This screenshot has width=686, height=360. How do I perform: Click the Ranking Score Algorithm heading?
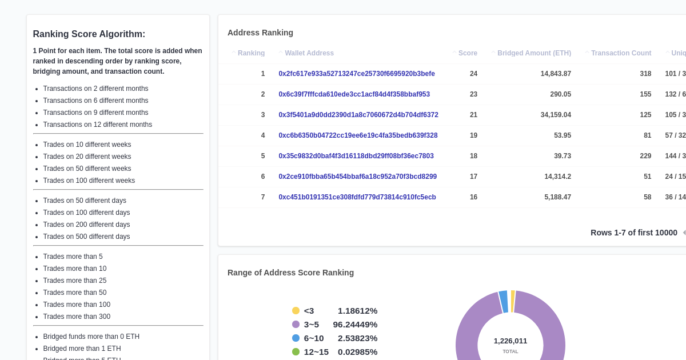pyautogui.click(x=89, y=34)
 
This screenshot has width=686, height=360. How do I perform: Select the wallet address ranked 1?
pyautogui.click(x=357, y=74)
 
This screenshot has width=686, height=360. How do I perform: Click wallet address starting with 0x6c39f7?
pyautogui.click(x=354, y=94)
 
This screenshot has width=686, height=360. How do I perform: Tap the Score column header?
pyautogui.click(x=468, y=53)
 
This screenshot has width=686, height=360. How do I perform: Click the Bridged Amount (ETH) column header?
pyautogui.click(x=534, y=53)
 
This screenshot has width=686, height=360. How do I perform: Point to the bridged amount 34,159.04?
pyautogui.click(x=556, y=115)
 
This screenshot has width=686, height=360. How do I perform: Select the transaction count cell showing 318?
pyautogui.click(x=645, y=74)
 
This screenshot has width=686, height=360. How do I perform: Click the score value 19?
pyautogui.click(x=473, y=135)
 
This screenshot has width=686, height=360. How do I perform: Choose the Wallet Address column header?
pyautogui.click(x=309, y=53)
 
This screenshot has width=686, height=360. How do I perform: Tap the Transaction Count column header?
pyautogui.click(x=621, y=53)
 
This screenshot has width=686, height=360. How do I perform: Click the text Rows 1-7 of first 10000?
pyautogui.click(x=633, y=233)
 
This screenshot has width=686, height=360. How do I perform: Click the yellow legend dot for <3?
pyautogui.click(x=296, y=311)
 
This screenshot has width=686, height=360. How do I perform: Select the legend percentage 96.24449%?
pyautogui.click(x=355, y=325)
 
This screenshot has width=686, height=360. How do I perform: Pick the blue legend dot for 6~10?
pyautogui.click(x=296, y=338)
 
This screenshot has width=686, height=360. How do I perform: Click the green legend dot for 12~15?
pyautogui.click(x=296, y=352)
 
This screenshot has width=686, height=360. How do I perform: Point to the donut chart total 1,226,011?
pyautogui.click(x=510, y=341)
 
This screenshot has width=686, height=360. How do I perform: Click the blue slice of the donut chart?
pyautogui.click(x=504, y=302)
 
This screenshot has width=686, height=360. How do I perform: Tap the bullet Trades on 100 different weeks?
pyautogui.click(x=89, y=181)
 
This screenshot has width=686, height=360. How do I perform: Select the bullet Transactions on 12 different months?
pyautogui.click(x=97, y=125)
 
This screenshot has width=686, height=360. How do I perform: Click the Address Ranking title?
pyautogui.click(x=260, y=33)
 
